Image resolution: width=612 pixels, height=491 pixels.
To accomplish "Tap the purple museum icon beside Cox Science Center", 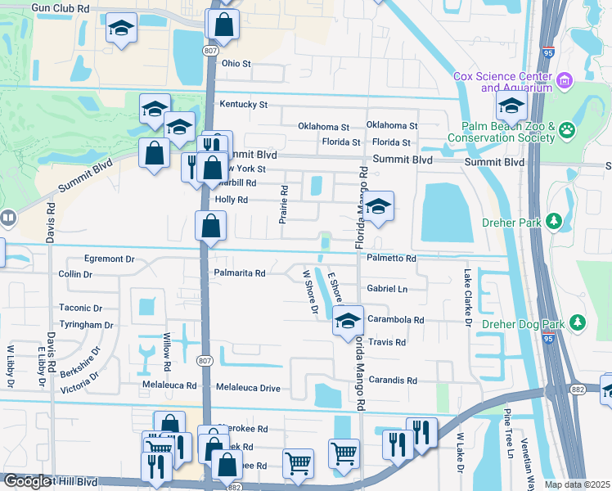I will coord(565,81).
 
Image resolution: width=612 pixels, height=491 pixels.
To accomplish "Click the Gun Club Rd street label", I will coord(71,7).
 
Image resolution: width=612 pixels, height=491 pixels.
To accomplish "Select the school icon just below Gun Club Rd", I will coord(121,30).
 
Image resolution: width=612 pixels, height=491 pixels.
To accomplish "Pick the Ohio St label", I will coord(236,63).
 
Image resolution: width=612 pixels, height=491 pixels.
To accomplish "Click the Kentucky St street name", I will coord(243,105).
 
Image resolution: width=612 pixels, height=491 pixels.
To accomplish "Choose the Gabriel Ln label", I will coord(387,289).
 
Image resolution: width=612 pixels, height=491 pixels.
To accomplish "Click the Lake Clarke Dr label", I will coord(469,299).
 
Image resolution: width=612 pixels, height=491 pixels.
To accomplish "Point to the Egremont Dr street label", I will coord(107,259).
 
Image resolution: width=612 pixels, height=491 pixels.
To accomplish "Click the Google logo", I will coord(28,481).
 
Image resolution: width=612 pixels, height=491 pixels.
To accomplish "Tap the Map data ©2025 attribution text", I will coord(578,485).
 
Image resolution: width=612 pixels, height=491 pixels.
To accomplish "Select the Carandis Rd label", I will coord(393,381).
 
